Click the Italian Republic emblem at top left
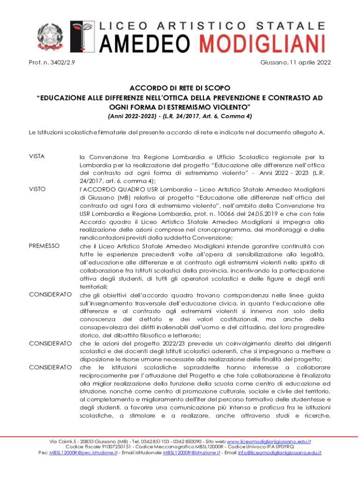coord(47,36)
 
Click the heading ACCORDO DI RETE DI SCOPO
coord(180,87)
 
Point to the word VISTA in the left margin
coord(37,156)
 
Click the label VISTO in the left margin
coord(37,189)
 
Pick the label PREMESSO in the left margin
coord(44,245)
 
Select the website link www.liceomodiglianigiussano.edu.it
coord(269,441)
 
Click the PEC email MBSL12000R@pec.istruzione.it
coord(83,453)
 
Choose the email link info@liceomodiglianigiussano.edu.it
coord(280,453)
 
